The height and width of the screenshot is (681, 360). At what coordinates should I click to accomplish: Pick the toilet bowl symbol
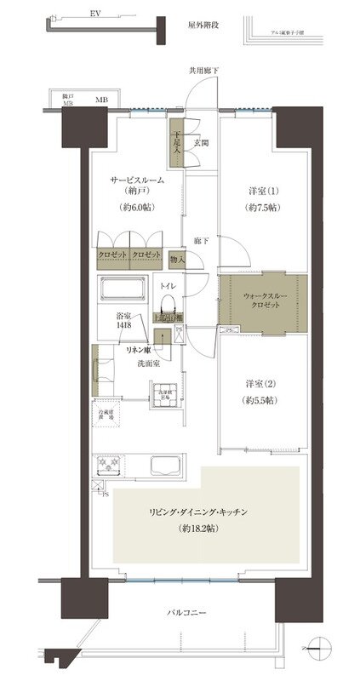pos(169,306)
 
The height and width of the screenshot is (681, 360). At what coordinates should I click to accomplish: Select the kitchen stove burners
pos(108,465)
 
